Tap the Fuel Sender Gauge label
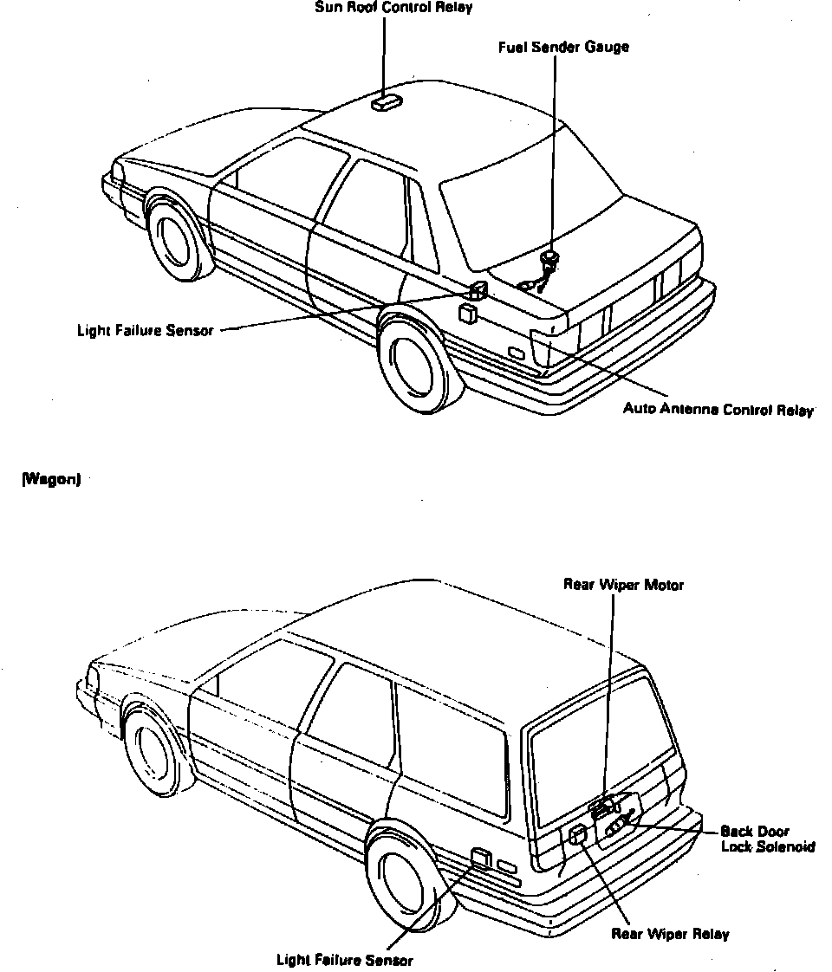point(563,47)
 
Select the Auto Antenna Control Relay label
point(718,409)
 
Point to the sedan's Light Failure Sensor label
point(145,330)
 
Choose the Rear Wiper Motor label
point(623,585)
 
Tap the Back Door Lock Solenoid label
point(767,839)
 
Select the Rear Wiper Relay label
point(670,934)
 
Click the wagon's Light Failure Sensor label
point(344,960)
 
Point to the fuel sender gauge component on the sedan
point(549,259)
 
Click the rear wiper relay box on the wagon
point(578,836)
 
